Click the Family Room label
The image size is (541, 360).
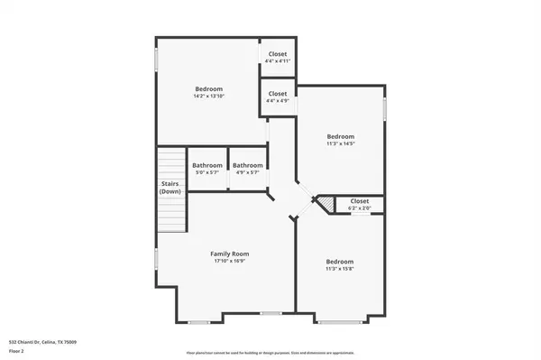pos(228,254)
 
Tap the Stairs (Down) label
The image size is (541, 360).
pos(170,188)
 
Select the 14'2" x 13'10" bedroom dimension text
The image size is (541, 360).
pos(207,97)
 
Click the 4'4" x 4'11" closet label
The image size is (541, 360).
pos(278,60)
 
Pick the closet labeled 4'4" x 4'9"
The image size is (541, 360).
pos(278,97)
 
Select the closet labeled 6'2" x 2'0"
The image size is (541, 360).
pos(359,205)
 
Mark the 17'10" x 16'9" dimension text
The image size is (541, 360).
pos(228,263)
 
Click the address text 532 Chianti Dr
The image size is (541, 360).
pos(42,342)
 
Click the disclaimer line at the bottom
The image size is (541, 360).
pos(270,353)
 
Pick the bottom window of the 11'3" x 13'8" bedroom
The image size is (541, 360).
pos(339,320)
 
